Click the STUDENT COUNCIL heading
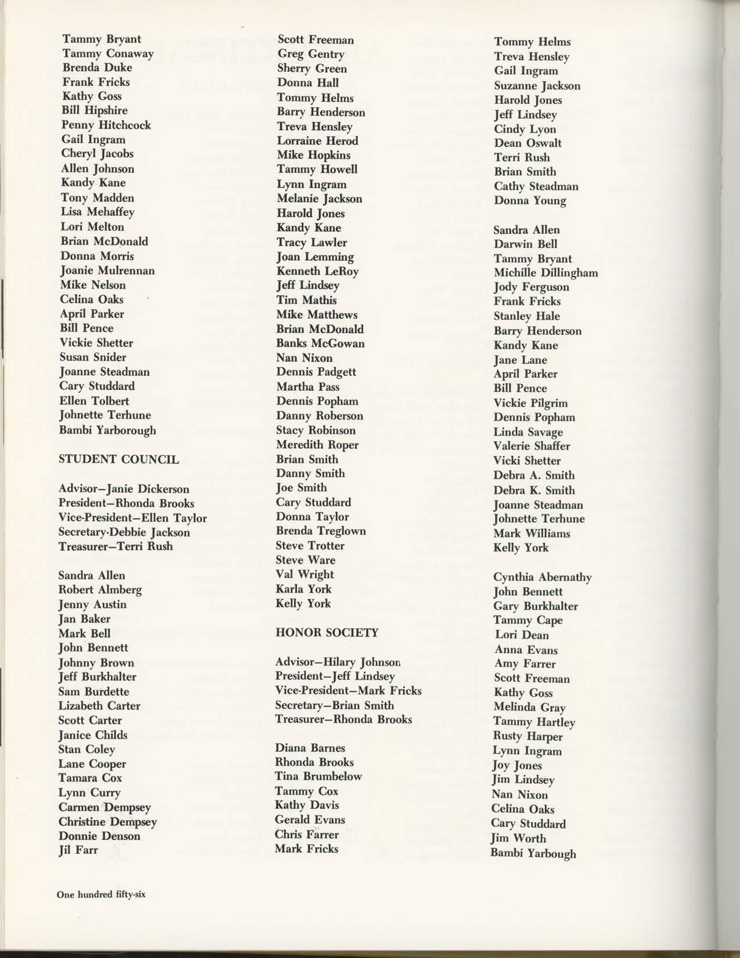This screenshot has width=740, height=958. [119, 459]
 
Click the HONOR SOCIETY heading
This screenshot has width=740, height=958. [327, 632]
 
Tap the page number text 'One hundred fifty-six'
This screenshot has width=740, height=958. [101, 894]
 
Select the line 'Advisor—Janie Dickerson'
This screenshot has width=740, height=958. [124, 489]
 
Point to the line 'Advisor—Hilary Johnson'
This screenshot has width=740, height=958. [338, 661]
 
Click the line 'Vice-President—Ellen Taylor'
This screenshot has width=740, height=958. [132, 518]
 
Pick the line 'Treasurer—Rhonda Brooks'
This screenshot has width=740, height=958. [344, 719]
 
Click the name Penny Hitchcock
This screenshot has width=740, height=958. [106, 125]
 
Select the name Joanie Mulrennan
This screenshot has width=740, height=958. [107, 271]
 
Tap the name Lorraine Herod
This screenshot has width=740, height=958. [317, 141]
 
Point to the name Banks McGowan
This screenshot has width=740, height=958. [320, 343]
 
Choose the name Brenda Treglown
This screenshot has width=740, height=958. [321, 531]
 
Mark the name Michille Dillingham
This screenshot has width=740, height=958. [546, 272]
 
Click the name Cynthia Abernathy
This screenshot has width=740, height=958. [543, 577]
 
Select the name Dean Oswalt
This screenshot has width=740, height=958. [528, 143]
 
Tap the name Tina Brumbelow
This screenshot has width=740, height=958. [318, 776]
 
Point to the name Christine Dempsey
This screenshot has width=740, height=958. [107, 822]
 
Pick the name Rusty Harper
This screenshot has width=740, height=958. [528, 736]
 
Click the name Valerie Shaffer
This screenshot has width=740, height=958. [532, 446]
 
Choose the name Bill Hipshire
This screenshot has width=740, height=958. [94, 110]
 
